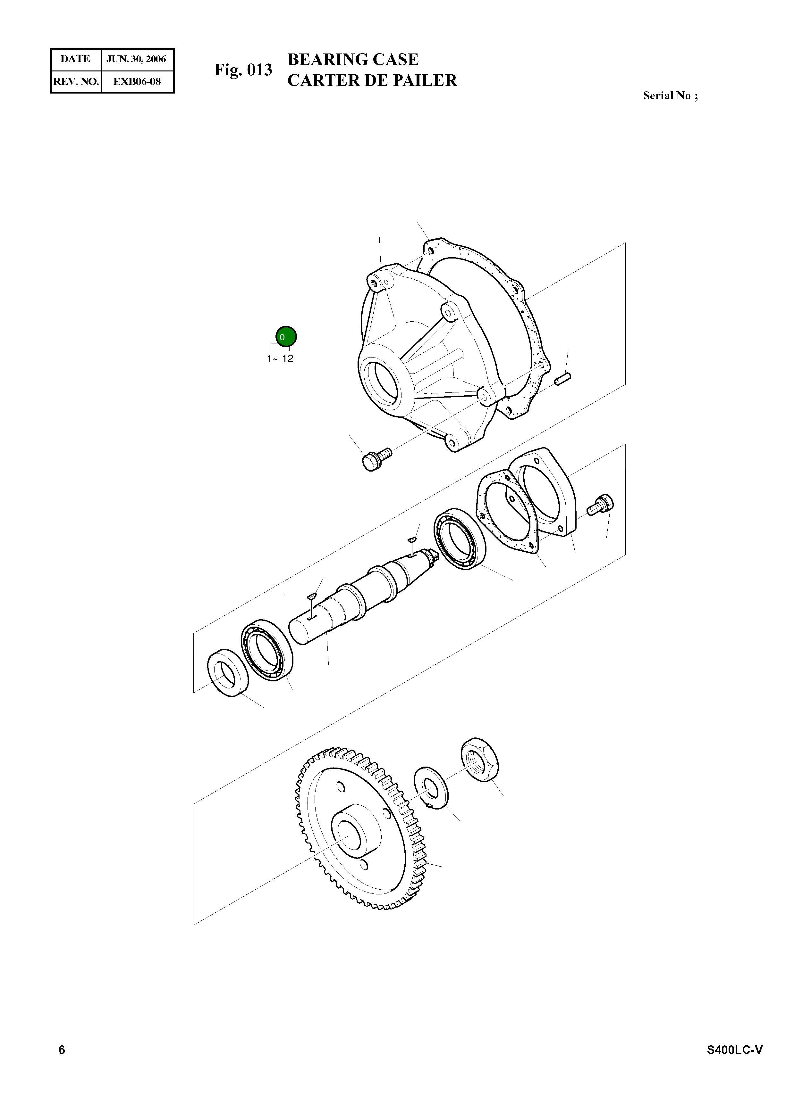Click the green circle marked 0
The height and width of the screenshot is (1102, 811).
pos(286,337)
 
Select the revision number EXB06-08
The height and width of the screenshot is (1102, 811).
pos(137,81)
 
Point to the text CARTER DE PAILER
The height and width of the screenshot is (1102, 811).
pos(372,80)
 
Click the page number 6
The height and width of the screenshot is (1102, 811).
pos(62,1049)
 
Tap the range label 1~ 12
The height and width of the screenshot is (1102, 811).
pos(280,358)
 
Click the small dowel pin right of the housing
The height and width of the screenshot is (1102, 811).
pos(562,379)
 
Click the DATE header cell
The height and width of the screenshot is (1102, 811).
pos(75,59)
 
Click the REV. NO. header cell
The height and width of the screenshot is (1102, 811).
pos(76,81)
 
